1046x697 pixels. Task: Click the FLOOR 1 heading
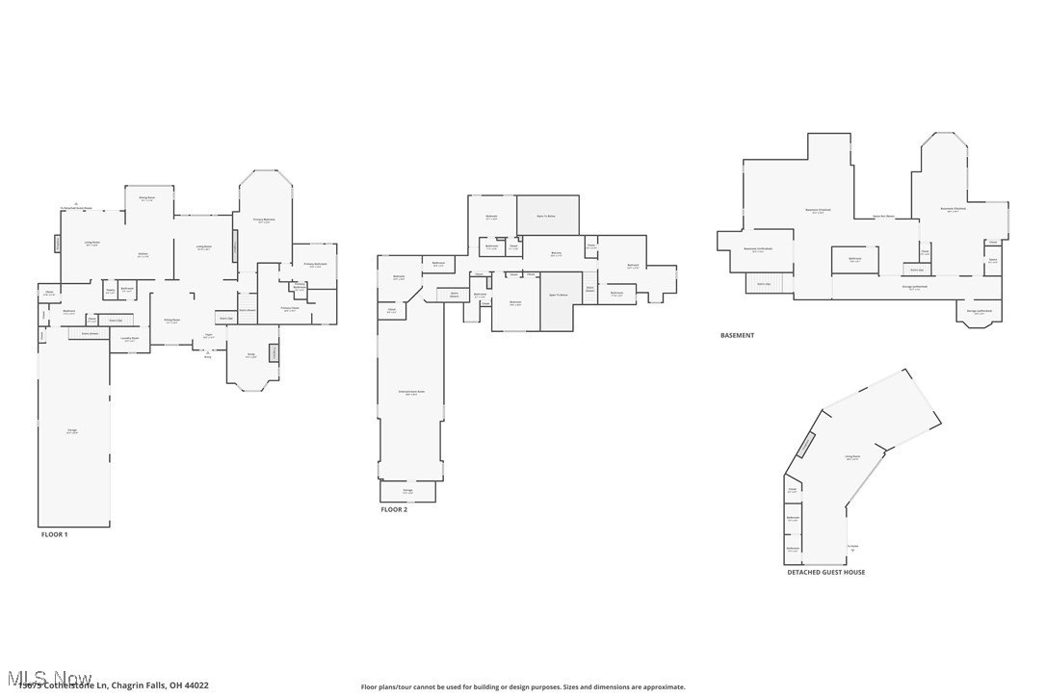click(54, 533)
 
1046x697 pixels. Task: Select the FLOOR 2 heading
click(394, 509)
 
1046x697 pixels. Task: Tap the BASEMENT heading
click(737, 335)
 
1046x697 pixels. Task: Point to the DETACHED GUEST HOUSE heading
click(825, 572)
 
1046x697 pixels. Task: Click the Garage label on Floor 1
click(72, 430)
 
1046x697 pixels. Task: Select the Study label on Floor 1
click(250, 355)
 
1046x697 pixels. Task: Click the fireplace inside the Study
click(274, 354)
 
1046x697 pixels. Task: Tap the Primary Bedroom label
click(264, 219)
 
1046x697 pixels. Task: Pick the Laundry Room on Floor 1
click(130, 339)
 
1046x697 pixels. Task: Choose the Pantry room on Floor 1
click(111, 290)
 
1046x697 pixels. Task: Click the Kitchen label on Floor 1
click(143, 255)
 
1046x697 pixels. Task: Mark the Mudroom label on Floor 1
click(69, 312)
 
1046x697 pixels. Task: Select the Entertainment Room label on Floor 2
click(411, 392)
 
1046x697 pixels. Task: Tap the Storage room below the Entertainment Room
click(407, 491)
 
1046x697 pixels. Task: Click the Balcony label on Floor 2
click(556, 254)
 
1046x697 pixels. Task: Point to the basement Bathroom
click(854, 259)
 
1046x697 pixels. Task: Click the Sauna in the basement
click(992, 259)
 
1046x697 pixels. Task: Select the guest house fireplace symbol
click(804, 445)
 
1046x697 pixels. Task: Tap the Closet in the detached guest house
click(792, 490)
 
